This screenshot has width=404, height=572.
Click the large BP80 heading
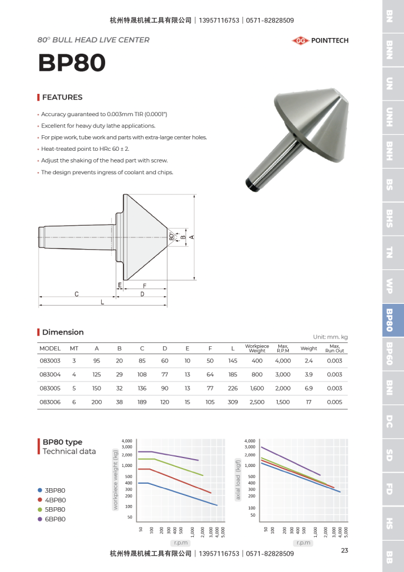coord(72,63)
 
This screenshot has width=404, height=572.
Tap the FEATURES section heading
coord(62,97)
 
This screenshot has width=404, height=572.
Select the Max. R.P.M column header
coord(283,348)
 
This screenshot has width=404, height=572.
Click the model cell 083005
coord(50,388)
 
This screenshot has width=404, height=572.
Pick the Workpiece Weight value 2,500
coord(257,402)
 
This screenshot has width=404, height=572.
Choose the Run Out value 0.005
coord(335,402)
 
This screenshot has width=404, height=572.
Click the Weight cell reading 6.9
coord(308,388)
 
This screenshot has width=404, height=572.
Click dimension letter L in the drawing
coord(102,302)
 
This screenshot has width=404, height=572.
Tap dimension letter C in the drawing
coord(77,294)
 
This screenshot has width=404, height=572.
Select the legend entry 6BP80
coord(55,519)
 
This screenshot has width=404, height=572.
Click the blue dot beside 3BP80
coord(40,490)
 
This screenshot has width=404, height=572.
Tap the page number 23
coord(344,551)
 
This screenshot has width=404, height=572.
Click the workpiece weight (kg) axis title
coord(116,480)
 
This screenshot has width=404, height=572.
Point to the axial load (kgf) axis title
coord(237,480)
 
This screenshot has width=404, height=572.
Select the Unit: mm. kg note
coord(330,337)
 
